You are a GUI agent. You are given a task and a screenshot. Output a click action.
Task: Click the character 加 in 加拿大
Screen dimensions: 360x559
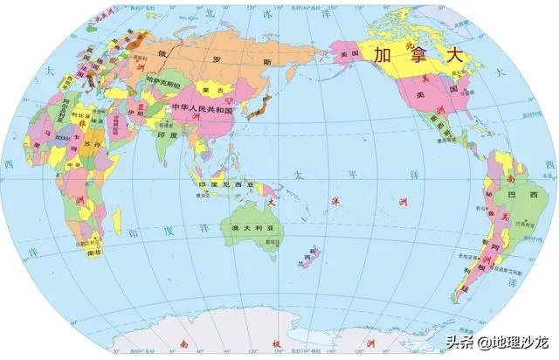pyautogui.click(x=382, y=55)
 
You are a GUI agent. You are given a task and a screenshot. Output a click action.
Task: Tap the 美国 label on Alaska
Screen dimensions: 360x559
pyautogui.click(x=349, y=53)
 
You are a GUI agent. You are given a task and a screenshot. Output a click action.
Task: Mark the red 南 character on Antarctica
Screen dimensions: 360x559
pyautogui.click(x=181, y=343)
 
